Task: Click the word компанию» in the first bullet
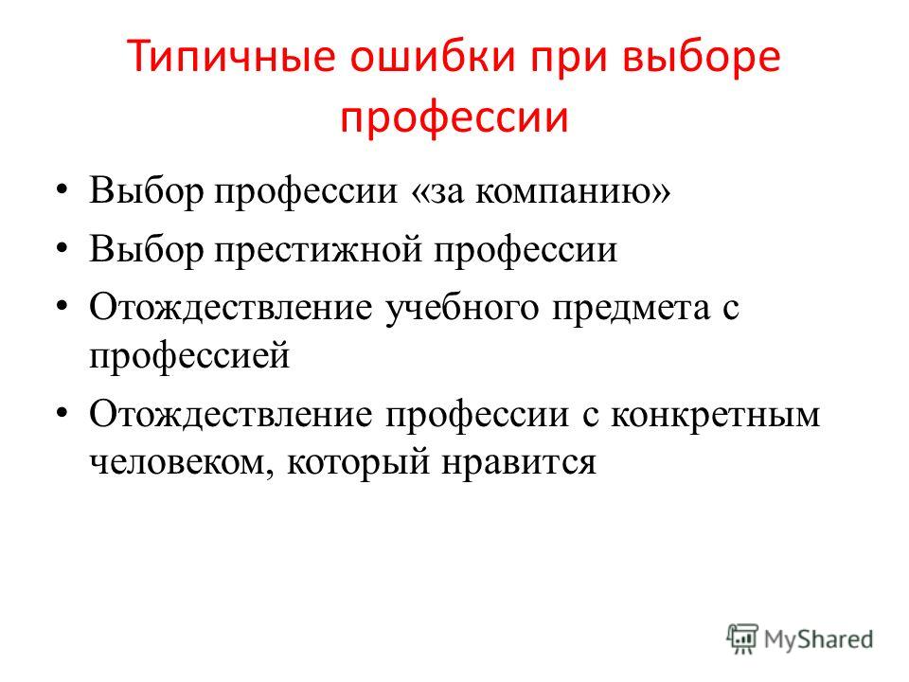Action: (573, 191)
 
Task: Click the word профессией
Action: (189, 356)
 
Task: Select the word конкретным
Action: (716, 415)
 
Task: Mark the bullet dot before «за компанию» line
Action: (62, 190)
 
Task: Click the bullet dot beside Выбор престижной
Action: (62, 249)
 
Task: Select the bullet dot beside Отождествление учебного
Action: (62, 307)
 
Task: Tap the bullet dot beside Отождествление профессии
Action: (62, 414)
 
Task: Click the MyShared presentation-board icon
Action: (742, 639)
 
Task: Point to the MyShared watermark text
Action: (818, 639)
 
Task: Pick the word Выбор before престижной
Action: (146, 249)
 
